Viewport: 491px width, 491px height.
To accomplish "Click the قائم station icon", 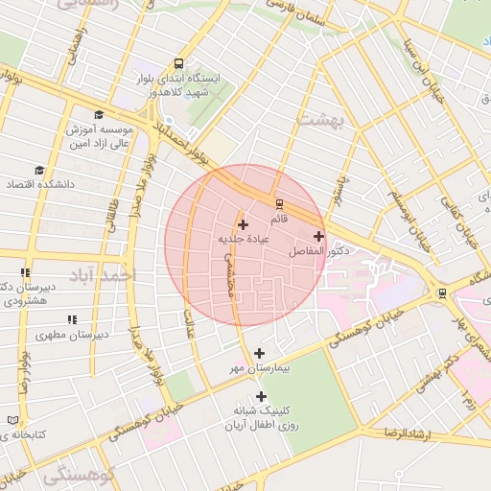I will (x=279, y=203).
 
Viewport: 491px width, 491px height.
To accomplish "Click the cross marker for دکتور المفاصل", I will (x=318, y=236).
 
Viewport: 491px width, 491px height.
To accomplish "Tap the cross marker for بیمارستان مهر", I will (x=259, y=353).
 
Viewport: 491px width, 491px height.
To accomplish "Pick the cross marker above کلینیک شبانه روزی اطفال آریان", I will (x=261, y=396).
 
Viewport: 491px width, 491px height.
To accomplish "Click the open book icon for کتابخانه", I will (x=12, y=420).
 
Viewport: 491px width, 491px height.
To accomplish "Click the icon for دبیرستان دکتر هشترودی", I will (x=25, y=273).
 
